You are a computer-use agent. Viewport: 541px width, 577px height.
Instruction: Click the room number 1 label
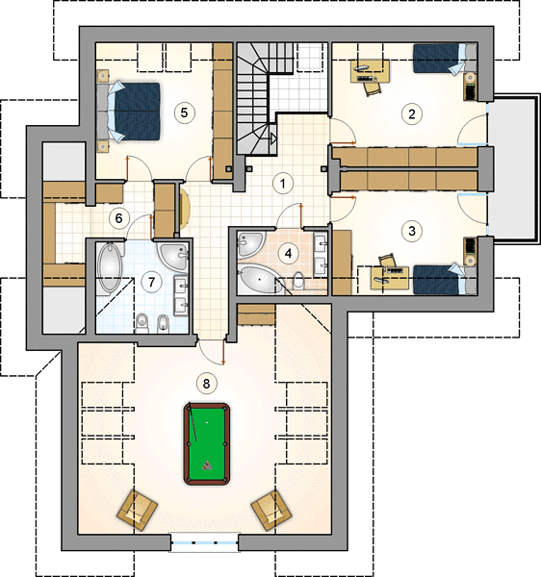coord(282,184)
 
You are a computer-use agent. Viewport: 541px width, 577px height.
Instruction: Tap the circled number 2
coord(411,113)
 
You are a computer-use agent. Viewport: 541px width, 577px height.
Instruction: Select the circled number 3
coord(411,231)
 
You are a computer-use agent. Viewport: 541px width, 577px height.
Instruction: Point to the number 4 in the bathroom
coord(288,254)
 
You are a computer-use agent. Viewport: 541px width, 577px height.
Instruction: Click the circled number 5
coord(184,113)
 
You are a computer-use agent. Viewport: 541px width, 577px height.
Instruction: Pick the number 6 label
coord(118,218)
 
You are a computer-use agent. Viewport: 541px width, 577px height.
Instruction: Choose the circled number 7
coord(151,282)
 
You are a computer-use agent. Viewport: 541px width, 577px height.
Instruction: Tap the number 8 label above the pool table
coord(206,384)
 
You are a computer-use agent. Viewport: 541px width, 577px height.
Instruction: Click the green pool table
coord(207,443)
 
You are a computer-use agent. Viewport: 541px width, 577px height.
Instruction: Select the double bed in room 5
coord(128,112)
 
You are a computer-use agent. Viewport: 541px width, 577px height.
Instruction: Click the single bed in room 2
coord(445,59)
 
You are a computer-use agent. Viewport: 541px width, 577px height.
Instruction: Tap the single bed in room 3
coord(445,280)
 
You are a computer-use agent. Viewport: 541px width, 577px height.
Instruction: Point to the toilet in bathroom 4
coord(298,281)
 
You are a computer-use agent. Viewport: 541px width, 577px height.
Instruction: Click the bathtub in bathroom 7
coord(110,266)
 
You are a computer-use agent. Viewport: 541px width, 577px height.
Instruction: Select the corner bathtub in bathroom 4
coord(260,279)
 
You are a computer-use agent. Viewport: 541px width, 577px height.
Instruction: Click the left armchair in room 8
coord(137,511)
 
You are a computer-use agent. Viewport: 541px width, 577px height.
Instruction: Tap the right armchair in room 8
coord(271,511)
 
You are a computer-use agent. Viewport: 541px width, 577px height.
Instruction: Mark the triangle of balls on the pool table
coord(207,465)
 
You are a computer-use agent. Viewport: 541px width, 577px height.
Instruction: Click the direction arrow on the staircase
coord(272,138)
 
